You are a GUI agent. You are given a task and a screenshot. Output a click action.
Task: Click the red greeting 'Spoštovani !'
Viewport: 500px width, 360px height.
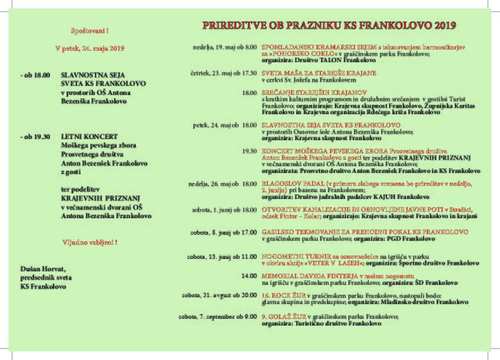89,30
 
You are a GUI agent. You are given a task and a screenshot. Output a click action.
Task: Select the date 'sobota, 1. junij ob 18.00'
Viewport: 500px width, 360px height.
224,210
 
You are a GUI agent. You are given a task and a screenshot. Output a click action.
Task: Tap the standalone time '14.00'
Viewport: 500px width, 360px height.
249,276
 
